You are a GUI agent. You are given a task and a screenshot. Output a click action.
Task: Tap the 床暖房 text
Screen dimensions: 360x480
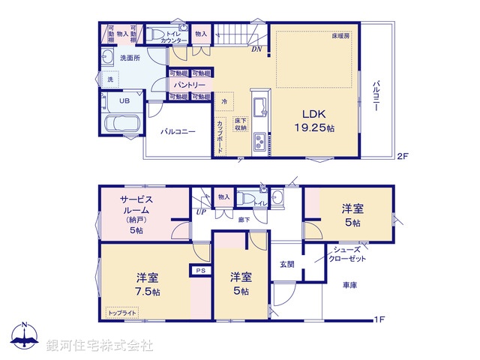point(341,36)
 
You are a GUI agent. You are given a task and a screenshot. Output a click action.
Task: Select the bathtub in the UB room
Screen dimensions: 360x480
point(118,124)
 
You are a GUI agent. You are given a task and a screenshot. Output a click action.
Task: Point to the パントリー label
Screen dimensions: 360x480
point(190,85)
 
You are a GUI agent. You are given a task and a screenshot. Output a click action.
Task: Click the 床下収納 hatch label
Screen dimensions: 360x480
point(240,124)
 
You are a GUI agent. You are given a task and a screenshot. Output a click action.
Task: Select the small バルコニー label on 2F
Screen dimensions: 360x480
point(178,131)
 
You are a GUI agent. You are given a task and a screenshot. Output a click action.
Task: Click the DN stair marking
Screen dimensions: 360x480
point(256,50)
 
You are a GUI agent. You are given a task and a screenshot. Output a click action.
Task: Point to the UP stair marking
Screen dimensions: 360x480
point(200,213)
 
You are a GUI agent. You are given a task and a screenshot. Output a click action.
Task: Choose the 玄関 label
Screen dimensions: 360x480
point(287,263)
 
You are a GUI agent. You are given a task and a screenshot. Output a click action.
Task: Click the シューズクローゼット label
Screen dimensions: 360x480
point(349,253)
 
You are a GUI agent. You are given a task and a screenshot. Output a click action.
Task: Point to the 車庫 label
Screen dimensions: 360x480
point(349,285)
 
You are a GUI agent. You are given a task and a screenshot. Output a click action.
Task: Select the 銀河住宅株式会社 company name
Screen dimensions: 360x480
point(100,346)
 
